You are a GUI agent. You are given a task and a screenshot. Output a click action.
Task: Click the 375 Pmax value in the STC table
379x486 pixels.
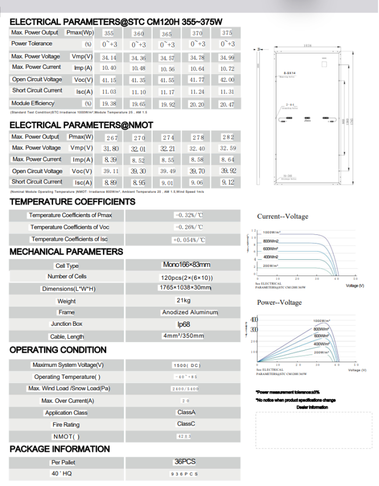point(227,33)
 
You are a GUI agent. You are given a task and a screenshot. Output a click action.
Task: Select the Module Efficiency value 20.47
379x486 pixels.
point(227,104)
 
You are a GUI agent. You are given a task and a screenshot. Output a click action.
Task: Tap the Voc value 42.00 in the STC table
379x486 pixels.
point(227,80)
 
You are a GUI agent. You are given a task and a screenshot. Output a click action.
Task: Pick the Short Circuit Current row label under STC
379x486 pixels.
point(37,90)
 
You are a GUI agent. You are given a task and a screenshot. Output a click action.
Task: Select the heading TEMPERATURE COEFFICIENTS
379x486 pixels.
point(73,201)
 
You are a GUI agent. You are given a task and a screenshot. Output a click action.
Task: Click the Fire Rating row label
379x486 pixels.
point(66,425)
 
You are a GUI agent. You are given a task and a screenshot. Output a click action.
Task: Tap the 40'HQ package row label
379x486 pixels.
point(61,474)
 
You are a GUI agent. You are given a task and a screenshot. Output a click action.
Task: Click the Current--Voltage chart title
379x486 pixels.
point(283,216)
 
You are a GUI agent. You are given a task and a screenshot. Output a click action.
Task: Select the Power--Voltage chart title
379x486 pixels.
point(279,302)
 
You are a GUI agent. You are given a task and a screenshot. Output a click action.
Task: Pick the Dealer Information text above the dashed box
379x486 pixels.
point(312,407)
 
